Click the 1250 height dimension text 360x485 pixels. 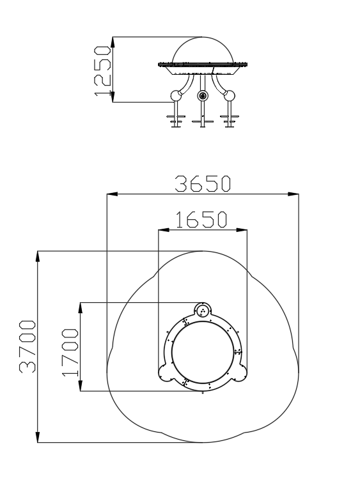click(102, 70)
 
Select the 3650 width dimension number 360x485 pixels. click(203, 184)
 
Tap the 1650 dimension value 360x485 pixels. click(201, 220)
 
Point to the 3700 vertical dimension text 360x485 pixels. click(27, 346)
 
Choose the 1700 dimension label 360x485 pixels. click(70, 352)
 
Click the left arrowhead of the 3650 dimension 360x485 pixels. click(112, 194)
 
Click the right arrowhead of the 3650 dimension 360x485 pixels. click(293, 194)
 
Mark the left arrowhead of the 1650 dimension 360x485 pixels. click(164, 230)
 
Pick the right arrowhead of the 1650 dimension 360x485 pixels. click(242, 230)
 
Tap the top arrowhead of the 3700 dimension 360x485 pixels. click(38, 257)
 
